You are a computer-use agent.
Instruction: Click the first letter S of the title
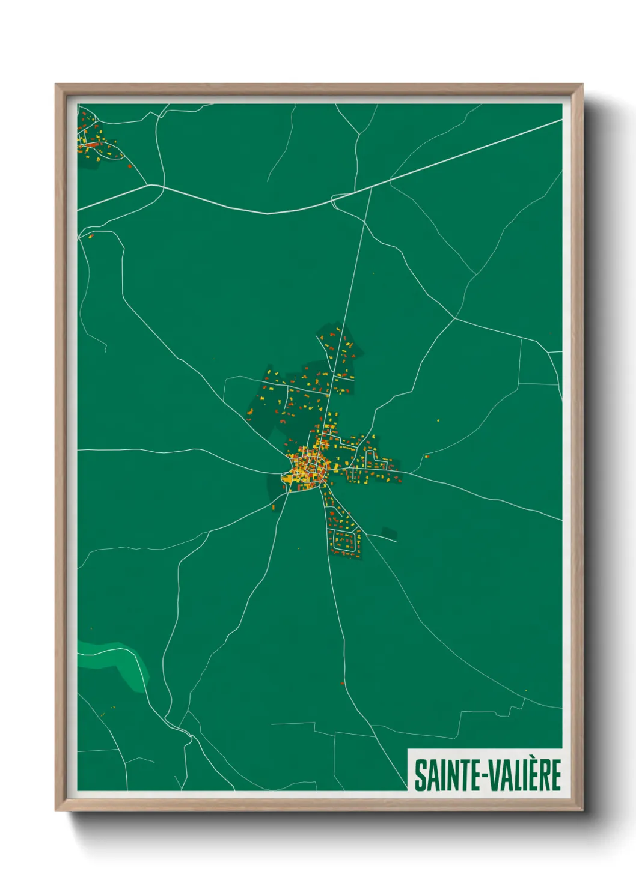click(x=419, y=775)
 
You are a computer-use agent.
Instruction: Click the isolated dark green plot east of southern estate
click(x=389, y=533)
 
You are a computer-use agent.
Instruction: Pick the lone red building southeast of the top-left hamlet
click(x=129, y=166)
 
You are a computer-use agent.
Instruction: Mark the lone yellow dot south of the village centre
click(x=299, y=548)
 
